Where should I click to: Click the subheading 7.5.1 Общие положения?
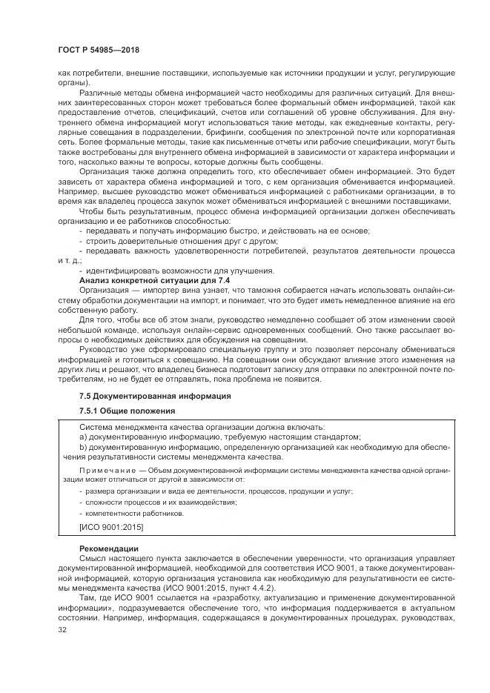[127, 411]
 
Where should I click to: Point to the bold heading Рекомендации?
[107, 548]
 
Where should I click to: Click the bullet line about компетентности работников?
[133, 513]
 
